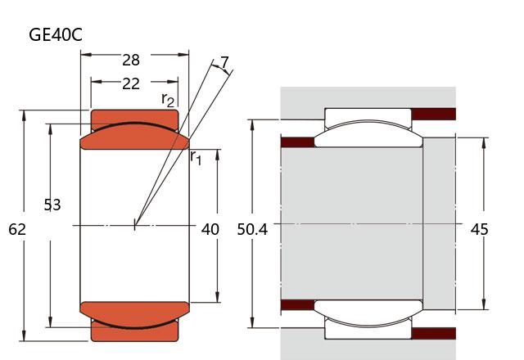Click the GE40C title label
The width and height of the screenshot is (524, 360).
point(56,34)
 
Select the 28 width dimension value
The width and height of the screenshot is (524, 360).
point(131,60)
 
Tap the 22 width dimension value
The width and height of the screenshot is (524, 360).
point(131,83)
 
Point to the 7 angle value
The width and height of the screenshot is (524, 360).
point(224,62)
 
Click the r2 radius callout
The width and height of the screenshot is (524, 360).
point(168,100)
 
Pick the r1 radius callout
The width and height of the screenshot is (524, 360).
point(196,157)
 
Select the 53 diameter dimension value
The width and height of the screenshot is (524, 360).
point(52,205)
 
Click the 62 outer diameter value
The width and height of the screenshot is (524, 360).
point(17,229)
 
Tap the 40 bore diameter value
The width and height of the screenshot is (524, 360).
point(210,229)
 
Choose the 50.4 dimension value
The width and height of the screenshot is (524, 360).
point(252,229)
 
